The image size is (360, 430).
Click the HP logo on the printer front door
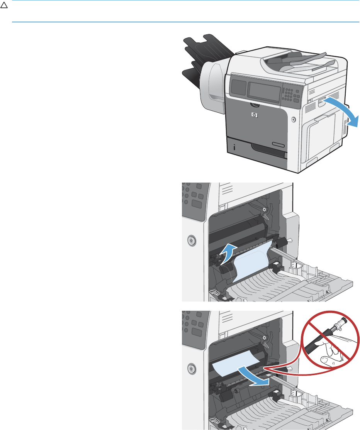pos(254,114)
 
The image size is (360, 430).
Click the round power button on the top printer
pos(294,119)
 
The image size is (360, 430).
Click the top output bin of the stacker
pos(209,42)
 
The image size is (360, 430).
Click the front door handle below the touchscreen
pos(254,105)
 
